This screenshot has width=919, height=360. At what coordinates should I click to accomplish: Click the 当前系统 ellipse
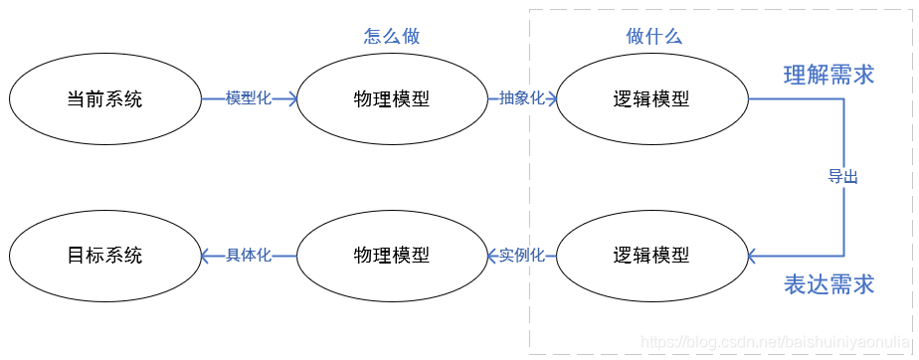tap(104, 99)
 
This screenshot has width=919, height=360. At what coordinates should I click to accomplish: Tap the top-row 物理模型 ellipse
tap(392, 99)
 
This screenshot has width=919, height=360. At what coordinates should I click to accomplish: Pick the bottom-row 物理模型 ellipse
tap(392, 256)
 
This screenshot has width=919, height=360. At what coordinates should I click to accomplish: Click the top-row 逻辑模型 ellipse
tap(651, 99)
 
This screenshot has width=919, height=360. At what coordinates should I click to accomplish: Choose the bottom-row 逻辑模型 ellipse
tap(651, 256)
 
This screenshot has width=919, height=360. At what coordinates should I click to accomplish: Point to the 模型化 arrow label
tap(249, 98)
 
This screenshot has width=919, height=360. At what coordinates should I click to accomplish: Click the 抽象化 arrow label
tap(521, 98)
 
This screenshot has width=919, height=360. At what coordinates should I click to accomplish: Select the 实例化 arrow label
tap(521, 256)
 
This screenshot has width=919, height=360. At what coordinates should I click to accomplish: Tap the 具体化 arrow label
tap(249, 256)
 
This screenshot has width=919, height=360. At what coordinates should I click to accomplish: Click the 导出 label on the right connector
tap(843, 177)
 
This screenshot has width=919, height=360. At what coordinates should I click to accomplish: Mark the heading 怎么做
tap(392, 37)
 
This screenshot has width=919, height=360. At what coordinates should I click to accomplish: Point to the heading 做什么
tap(653, 37)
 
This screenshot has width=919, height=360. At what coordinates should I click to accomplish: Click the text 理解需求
tap(828, 76)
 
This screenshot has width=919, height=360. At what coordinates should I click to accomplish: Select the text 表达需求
tap(828, 285)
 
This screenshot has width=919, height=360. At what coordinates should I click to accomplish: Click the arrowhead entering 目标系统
tap(206, 256)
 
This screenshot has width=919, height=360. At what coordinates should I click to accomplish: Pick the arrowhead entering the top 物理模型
tap(292, 98)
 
